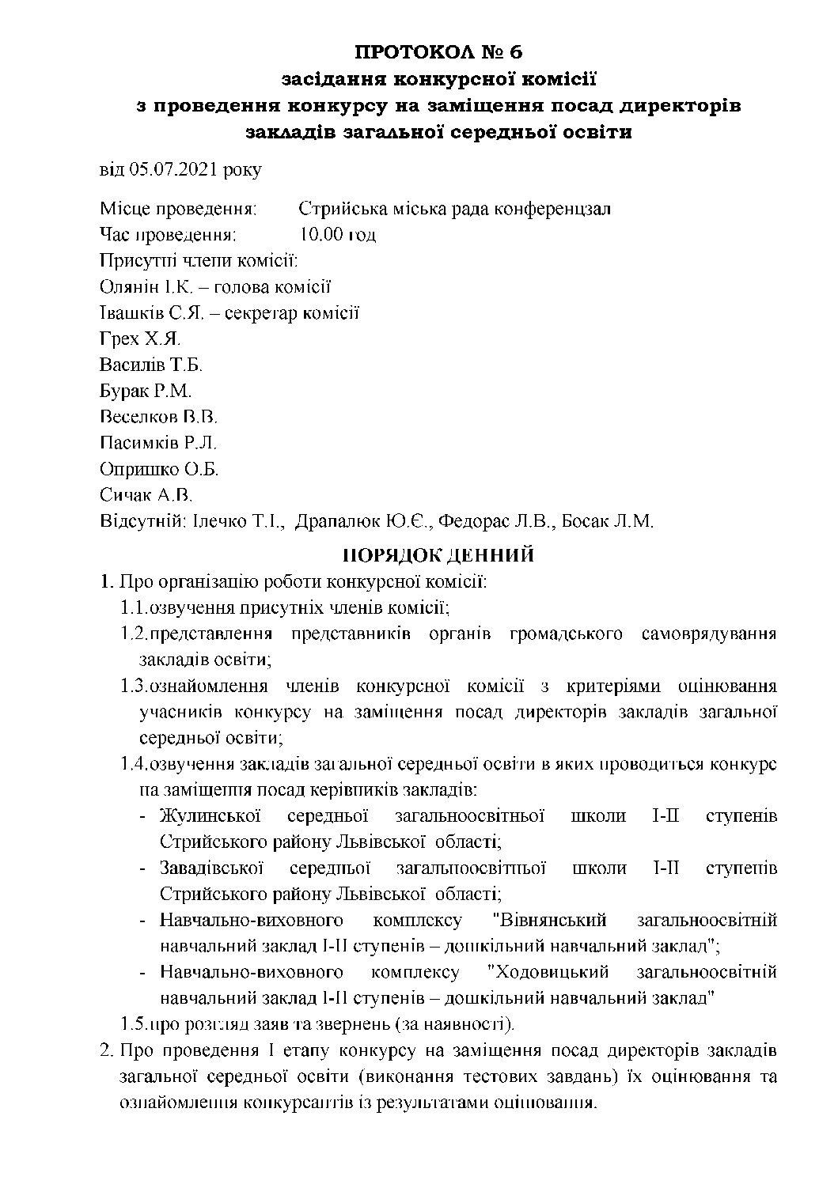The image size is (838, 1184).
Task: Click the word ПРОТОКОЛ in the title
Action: (x=398, y=53)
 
